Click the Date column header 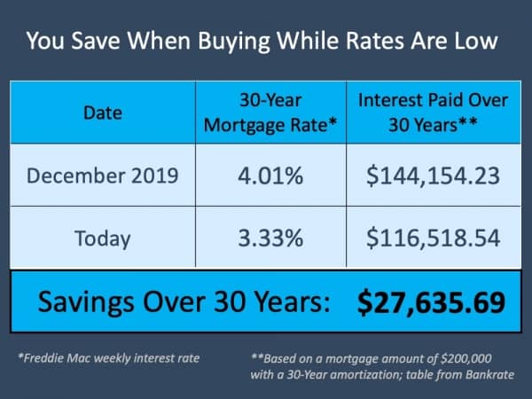103,113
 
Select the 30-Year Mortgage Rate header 270,113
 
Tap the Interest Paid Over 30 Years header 433,113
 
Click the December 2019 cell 103,176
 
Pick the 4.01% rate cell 270,176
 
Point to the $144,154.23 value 433,176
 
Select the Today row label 103,239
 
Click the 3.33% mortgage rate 270,239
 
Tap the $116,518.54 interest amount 433,239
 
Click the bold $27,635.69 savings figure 431,302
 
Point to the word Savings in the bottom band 86,301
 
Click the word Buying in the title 234,42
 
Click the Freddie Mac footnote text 109,358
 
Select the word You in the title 45,41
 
